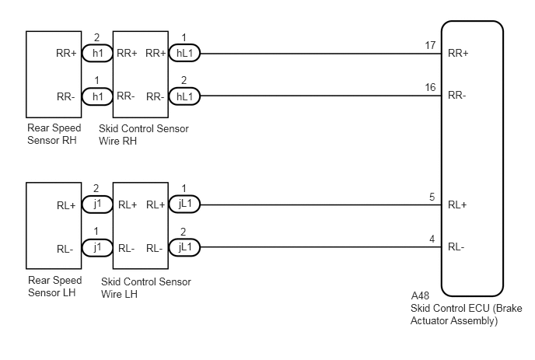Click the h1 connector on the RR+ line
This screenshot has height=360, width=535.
click(x=97, y=53)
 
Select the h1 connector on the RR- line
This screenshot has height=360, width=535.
click(x=97, y=96)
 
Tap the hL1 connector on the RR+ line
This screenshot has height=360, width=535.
click(x=184, y=53)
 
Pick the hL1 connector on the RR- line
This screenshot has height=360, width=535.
click(x=184, y=96)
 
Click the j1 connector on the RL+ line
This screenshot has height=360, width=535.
click(x=97, y=204)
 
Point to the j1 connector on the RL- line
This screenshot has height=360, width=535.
click(x=97, y=247)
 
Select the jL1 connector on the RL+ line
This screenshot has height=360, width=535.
click(x=184, y=204)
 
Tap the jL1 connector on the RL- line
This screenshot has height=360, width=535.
click(x=184, y=247)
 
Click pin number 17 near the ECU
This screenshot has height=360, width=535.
click(x=430, y=45)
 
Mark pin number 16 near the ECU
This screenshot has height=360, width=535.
click(x=430, y=87)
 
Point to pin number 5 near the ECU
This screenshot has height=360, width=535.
click(x=432, y=197)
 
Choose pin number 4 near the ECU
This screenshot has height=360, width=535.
click(x=432, y=239)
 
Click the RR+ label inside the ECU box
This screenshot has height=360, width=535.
click(x=458, y=53)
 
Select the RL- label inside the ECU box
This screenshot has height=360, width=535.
click(x=456, y=246)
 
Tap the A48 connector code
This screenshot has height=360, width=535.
click(x=420, y=295)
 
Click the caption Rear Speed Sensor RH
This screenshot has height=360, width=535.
click(x=54, y=134)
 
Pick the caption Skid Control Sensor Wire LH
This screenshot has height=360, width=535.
click(x=145, y=288)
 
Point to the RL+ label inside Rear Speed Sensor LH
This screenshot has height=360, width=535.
click(x=66, y=205)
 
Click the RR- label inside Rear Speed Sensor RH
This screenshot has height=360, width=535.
click(x=66, y=97)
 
